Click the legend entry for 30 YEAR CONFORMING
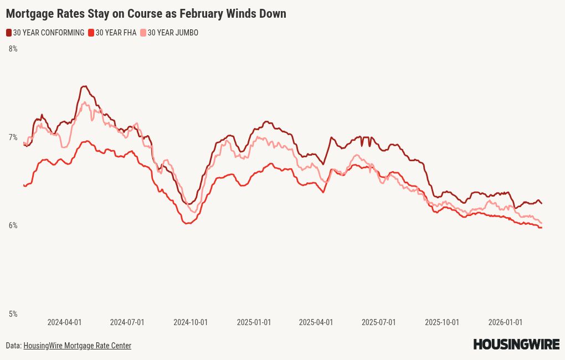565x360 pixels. click(x=48, y=33)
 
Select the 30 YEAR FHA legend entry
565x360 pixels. click(x=116, y=33)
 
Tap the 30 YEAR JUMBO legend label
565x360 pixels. click(x=172, y=33)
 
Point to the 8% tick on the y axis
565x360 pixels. click(x=13, y=49)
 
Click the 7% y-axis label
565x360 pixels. click(x=13, y=137)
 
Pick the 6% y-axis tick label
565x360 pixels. click(x=13, y=225)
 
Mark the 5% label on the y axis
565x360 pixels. click(x=13, y=314)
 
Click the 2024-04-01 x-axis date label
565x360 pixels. click(x=64, y=322)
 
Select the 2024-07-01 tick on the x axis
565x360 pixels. click(x=127, y=322)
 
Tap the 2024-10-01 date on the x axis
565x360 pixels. click(x=191, y=322)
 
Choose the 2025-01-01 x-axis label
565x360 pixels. click(x=254, y=322)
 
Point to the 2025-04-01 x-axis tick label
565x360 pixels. click(x=316, y=322)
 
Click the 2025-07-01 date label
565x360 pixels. click(x=378, y=322)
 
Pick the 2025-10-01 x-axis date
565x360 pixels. click(x=442, y=322)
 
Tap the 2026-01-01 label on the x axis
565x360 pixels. click(x=505, y=322)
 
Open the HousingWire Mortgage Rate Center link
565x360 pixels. click(x=77, y=346)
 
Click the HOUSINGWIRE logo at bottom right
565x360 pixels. click(x=516, y=344)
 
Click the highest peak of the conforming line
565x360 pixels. click(x=84, y=86)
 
